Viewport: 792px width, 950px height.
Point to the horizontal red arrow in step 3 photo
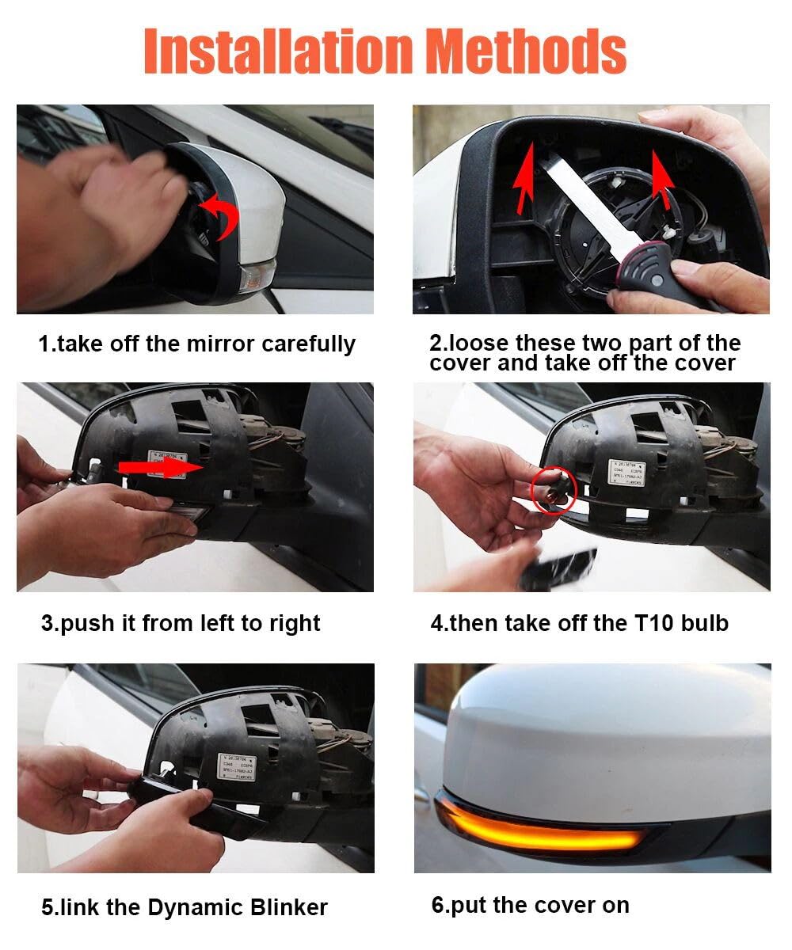159,468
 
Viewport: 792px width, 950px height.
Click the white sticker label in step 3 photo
168,462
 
